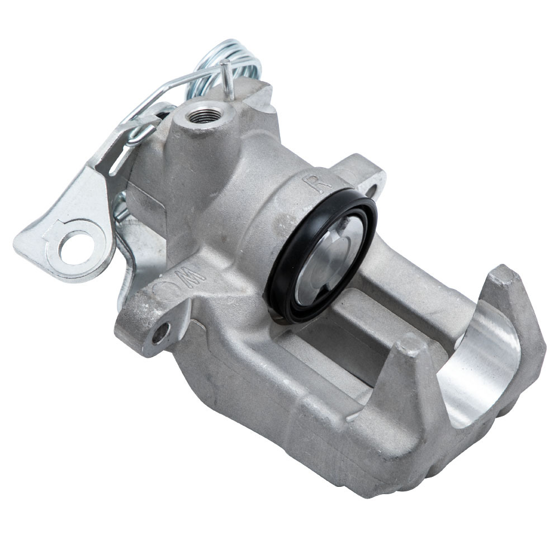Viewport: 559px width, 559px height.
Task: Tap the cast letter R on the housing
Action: click(x=311, y=183)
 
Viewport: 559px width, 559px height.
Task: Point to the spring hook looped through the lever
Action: click(x=139, y=133)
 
